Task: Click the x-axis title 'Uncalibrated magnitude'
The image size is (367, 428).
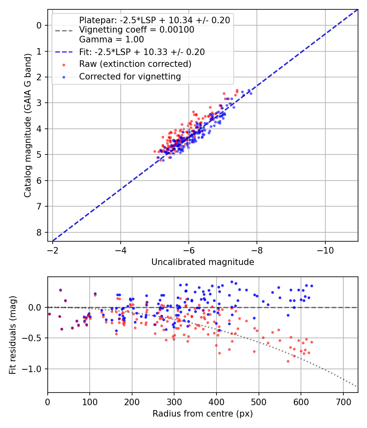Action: click(203, 262)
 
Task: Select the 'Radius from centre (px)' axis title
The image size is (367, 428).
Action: click(203, 414)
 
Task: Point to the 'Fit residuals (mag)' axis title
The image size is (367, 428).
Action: click(13, 335)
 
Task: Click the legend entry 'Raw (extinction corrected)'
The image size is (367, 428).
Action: click(135, 64)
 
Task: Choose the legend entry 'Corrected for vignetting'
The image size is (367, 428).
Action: click(130, 76)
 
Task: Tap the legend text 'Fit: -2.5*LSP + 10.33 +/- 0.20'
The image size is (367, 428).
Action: click(142, 52)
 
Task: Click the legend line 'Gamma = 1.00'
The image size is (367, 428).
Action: click(111, 40)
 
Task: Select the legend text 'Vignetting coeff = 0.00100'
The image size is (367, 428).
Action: click(137, 30)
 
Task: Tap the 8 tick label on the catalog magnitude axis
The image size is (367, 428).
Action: click(39, 232)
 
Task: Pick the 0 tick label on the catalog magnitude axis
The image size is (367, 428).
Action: click(39, 25)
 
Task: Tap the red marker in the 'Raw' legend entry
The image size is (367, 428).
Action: click(63, 64)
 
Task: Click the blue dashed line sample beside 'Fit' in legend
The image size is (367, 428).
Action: click(63, 52)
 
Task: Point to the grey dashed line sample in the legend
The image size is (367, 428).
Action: click(63, 30)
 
